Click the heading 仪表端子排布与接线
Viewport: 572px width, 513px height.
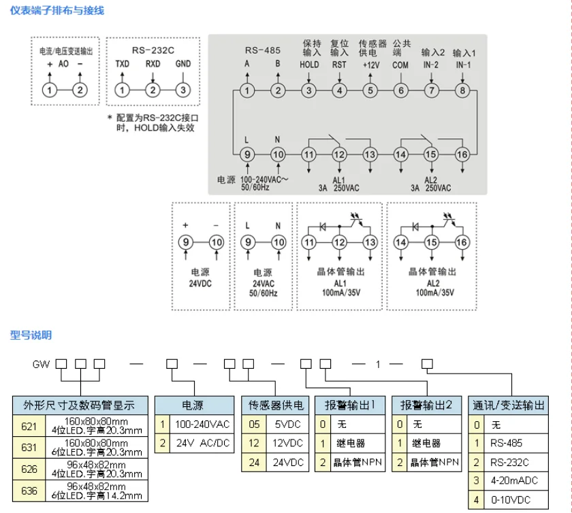pos(57,10)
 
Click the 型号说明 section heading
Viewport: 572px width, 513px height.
pos(31,335)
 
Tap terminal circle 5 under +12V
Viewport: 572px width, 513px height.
pos(370,90)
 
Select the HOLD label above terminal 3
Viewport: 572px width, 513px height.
pos(309,65)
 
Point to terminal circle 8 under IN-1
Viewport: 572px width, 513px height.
pos(462,90)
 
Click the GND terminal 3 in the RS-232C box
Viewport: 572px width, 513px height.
pos(183,90)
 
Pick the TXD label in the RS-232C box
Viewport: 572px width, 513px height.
pos(122,64)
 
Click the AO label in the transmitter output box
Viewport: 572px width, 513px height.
pos(63,64)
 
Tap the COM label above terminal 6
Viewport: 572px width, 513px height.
pos(400,65)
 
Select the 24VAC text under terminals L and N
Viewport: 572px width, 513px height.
pos(264,284)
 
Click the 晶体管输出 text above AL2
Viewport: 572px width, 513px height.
pos(432,271)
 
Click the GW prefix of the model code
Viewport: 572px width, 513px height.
pos(41,364)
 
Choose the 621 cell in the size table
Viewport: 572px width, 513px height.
pos(29,426)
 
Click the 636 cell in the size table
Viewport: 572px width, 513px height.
pos(29,491)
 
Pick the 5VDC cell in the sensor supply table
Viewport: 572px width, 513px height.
pos(287,425)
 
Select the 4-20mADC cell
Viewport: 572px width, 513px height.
pos(514,480)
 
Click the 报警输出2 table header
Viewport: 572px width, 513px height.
pos(426,405)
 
